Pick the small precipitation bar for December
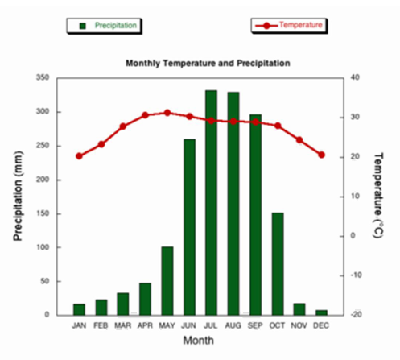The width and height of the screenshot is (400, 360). [x=322, y=312]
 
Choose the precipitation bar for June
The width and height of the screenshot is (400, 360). [x=189, y=226]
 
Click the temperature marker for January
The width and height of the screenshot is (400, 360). [x=79, y=156]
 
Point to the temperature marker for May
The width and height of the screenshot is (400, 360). [x=167, y=113]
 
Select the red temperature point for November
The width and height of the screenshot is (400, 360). [x=299, y=140]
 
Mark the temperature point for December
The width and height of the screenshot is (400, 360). [x=322, y=155]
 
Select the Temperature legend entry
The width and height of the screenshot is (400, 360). [x=291, y=26]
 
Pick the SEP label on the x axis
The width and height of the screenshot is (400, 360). [x=255, y=325]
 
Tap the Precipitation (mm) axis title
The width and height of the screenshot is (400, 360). [x=18, y=196]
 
